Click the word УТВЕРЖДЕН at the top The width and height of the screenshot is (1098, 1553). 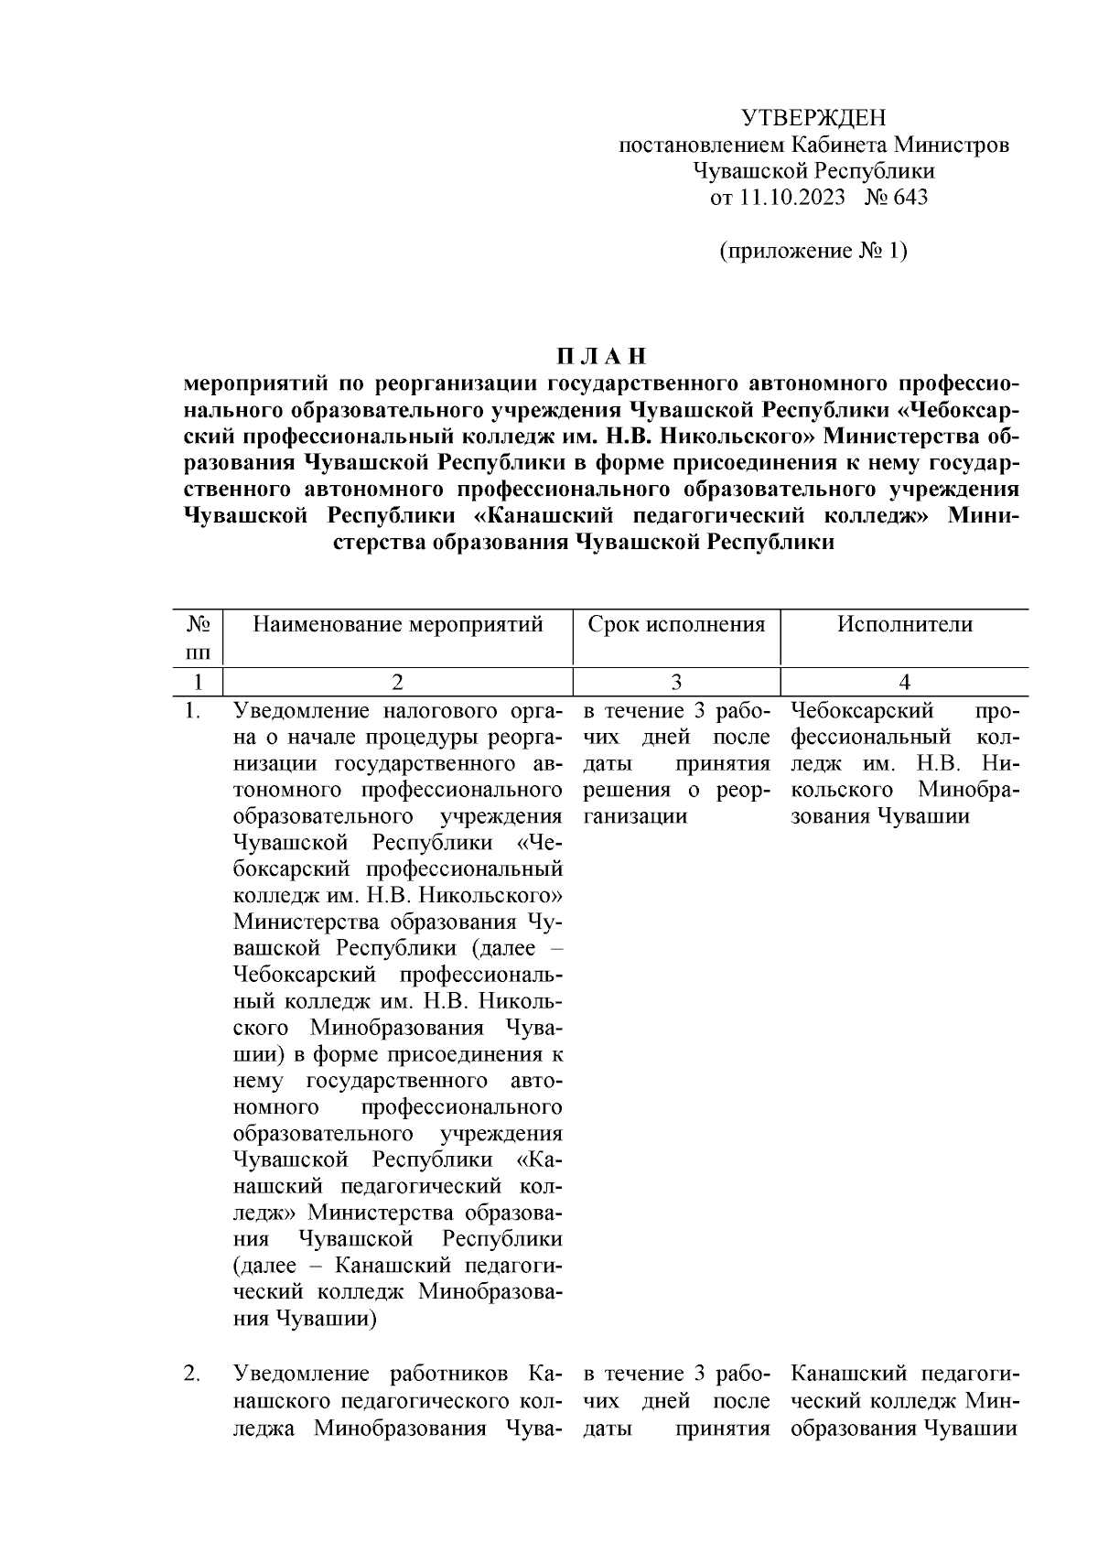click(x=813, y=118)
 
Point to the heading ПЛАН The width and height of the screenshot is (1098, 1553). click(x=602, y=356)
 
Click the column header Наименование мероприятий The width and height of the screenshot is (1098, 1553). click(x=398, y=625)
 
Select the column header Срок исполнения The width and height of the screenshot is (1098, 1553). click(x=676, y=625)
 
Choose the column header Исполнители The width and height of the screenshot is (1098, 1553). click(x=904, y=625)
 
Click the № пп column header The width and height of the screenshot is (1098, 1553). click(x=199, y=638)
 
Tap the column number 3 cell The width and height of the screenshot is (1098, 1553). click(x=676, y=682)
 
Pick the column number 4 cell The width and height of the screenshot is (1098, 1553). click(x=904, y=682)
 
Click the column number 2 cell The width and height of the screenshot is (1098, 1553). click(x=397, y=682)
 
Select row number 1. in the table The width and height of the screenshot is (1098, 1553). click(x=192, y=711)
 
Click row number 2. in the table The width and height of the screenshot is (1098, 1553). click(x=192, y=1375)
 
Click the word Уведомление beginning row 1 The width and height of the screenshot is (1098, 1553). click(x=297, y=711)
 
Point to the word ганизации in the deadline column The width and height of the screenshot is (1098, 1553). click(x=634, y=816)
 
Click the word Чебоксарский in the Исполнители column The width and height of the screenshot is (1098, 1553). click(x=861, y=711)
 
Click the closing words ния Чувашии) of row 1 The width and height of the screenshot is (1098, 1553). click(x=307, y=1320)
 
